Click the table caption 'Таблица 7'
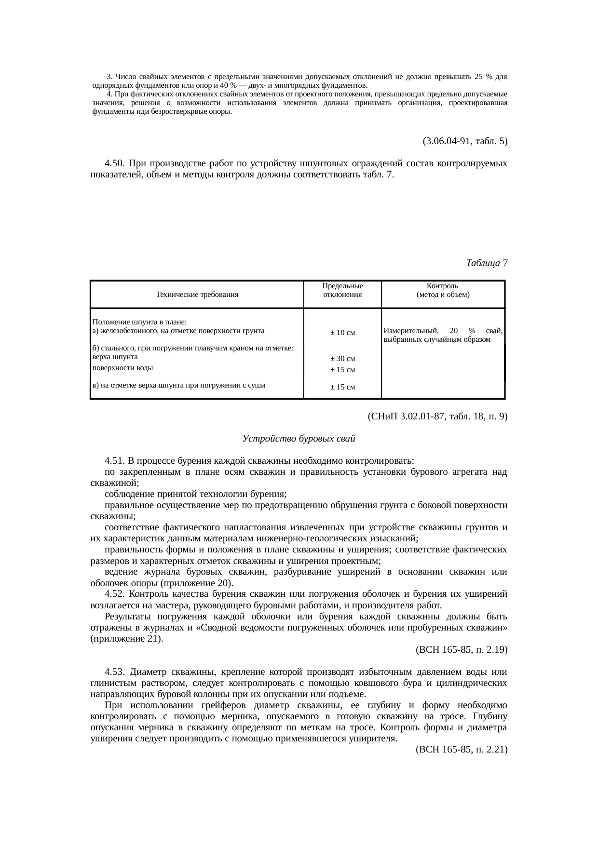coord(486,263)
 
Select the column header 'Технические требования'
coord(197,294)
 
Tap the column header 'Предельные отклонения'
coord(342,290)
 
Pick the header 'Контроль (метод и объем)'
coord(443,290)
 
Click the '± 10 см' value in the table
coord(342,333)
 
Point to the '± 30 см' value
coord(342,359)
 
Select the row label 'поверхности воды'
coord(122,367)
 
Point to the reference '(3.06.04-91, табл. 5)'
coord(464,141)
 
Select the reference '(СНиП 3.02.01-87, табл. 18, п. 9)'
coord(437,416)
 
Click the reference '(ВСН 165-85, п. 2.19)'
coord(461,649)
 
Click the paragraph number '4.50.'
coord(115,163)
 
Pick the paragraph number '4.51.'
coord(115,461)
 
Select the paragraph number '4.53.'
coord(115,672)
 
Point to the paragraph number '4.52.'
coord(115,594)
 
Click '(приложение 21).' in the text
coord(126,639)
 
